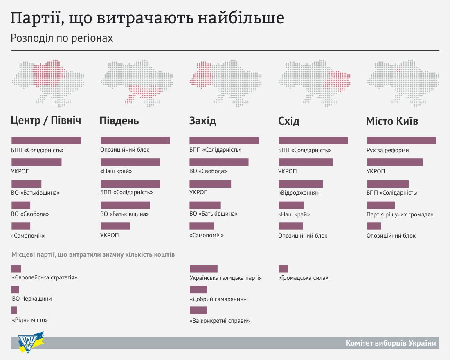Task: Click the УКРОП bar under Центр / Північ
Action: [36, 162]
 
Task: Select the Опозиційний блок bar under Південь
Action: [135, 140]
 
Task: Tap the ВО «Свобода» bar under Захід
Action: [219, 162]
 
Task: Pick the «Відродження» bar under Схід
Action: [301, 184]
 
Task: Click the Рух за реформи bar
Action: [402, 140]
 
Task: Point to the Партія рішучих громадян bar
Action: [381, 205]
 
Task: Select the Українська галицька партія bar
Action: [203, 269]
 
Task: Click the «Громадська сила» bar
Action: [283, 269]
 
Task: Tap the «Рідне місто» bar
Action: [14, 310]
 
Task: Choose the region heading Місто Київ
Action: [392, 121]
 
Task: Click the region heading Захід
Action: [202, 121]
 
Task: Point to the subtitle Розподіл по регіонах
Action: [61, 38]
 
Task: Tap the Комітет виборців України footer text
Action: [391, 343]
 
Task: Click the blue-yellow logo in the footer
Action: [31, 342]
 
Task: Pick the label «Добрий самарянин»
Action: [218, 299]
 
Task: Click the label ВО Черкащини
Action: [32, 299]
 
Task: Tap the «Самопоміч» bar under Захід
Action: [201, 226]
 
